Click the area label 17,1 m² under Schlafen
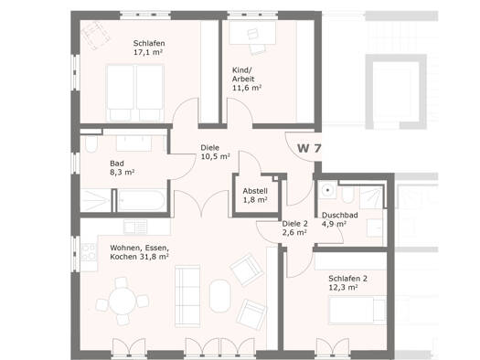(148, 52)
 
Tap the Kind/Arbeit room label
(243, 75)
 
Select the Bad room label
(117, 164)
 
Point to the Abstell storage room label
(255, 191)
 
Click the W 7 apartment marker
(309, 149)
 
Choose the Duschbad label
(340, 216)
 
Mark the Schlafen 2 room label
(347, 279)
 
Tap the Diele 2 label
(294, 224)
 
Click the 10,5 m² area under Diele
(215, 156)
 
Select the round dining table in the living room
(123, 302)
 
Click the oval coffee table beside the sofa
(219, 296)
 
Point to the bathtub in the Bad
(141, 201)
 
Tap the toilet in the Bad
(91, 143)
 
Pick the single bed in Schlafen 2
(357, 310)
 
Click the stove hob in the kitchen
(89, 252)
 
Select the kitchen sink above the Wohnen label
(135, 227)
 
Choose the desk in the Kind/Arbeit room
(252, 32)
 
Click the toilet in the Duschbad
(347, 195)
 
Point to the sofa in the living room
(187, 296)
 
